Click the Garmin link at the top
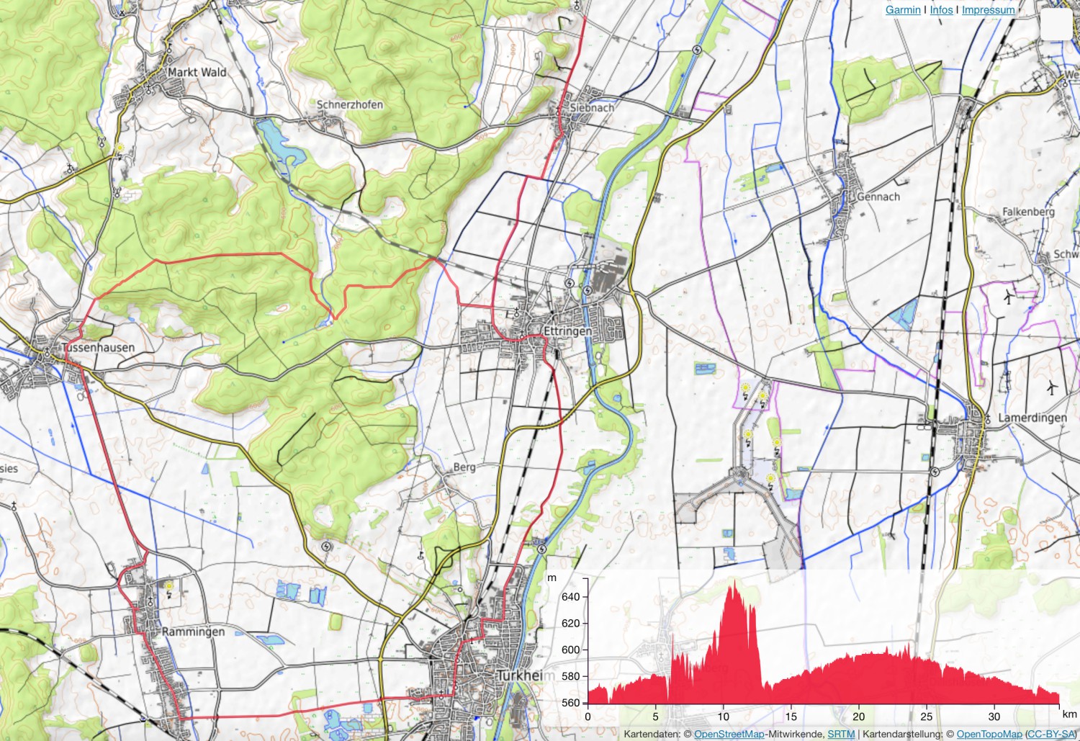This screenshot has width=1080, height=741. [903, 10]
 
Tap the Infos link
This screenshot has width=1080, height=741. [941, 10]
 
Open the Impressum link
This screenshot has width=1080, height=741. [988, 10]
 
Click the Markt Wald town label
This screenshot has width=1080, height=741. [197, 72]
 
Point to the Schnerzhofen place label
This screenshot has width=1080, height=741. [350, 104]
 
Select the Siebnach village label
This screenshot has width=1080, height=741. [592, 107]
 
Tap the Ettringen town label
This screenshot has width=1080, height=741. [567, 331]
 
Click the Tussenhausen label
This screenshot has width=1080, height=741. [98, 348]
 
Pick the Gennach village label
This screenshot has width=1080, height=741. [878, 197]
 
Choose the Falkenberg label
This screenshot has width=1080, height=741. [1028, 212]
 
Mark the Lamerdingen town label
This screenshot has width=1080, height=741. [1032, 418]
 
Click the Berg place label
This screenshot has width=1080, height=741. [464, 467]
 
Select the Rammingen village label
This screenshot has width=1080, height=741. [193, 632]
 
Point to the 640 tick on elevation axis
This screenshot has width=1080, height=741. [571, 597]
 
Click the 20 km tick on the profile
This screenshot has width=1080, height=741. [859, 717]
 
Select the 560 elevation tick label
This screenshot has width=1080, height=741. [571, 703]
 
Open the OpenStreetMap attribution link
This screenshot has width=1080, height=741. [729, 734]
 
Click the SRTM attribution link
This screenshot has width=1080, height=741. [841, 734]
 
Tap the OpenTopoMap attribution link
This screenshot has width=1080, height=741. [989, 734]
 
